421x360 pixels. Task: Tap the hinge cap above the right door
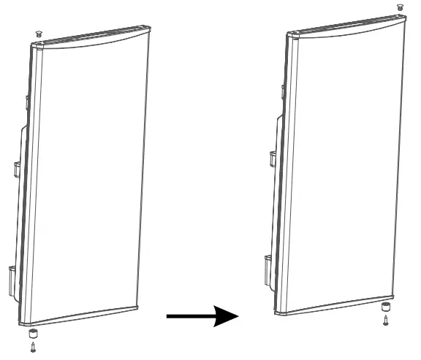(400, 7)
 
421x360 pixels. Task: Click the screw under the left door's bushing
(31, 347)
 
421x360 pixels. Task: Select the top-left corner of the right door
(288, 34)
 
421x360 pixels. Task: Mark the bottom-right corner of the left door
(137, 306)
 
